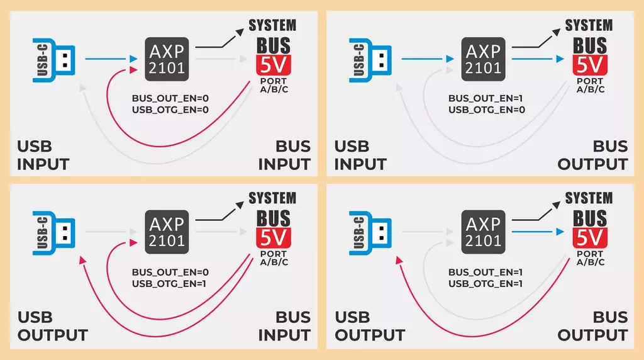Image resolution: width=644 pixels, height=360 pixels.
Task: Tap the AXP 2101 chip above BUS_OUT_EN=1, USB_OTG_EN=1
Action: point(483,232)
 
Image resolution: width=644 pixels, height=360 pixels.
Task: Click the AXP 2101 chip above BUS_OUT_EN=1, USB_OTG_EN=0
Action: point(483,59)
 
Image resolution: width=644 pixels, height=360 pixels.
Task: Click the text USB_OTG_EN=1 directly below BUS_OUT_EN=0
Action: point(169,284)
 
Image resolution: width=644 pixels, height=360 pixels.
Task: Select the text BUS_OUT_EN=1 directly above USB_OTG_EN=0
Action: point(485,99)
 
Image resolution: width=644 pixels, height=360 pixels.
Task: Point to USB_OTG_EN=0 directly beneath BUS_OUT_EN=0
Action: point(170,110)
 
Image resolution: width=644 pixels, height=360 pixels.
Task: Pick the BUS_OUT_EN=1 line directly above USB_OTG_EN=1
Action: point(485,272)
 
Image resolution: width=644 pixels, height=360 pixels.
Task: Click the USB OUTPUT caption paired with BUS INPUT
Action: point(53,326)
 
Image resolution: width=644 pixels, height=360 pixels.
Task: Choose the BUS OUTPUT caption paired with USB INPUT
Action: point(592,155)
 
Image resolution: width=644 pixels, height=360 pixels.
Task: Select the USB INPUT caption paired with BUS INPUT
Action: point(43,155)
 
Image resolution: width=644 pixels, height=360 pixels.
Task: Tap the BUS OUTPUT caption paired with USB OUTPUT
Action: point(592,326)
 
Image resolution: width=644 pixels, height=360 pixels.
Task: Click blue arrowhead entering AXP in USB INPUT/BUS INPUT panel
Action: point(133,59)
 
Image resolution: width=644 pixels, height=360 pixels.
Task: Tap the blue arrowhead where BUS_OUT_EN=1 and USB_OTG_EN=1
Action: point(560,232)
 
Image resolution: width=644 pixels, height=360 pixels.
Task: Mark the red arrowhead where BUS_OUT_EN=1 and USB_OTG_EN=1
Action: point(399,260)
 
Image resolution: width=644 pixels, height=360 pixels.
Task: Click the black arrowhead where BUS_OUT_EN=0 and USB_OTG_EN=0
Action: point(239,32)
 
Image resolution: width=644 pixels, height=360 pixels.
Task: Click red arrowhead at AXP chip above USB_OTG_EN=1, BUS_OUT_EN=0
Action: point(133,243)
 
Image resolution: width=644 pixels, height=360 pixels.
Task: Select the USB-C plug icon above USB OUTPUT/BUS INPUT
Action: point(54,233)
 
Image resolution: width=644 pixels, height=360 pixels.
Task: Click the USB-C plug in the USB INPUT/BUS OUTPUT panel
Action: point(370,60)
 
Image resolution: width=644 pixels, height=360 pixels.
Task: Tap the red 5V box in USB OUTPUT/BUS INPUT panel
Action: point(274,237)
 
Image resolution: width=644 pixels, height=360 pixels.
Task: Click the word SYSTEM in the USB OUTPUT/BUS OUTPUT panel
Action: point(589,198)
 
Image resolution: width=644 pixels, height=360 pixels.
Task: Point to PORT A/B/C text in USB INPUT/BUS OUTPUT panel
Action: point(590,85)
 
